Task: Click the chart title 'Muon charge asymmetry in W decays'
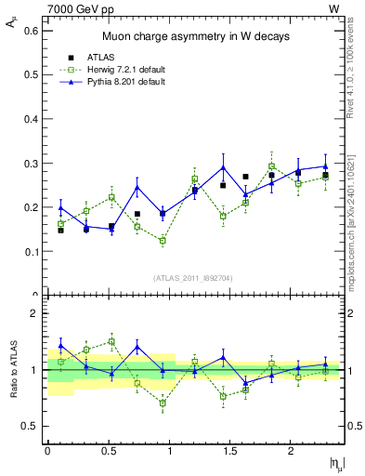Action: click(x=195, y=36)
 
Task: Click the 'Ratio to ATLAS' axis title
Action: click(x=12, y=369)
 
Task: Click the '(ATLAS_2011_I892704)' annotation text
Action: click(x=195, y=277)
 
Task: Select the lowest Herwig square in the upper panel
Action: click(x=163, y=241)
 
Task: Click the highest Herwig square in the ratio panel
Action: click(x=111, y=341)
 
